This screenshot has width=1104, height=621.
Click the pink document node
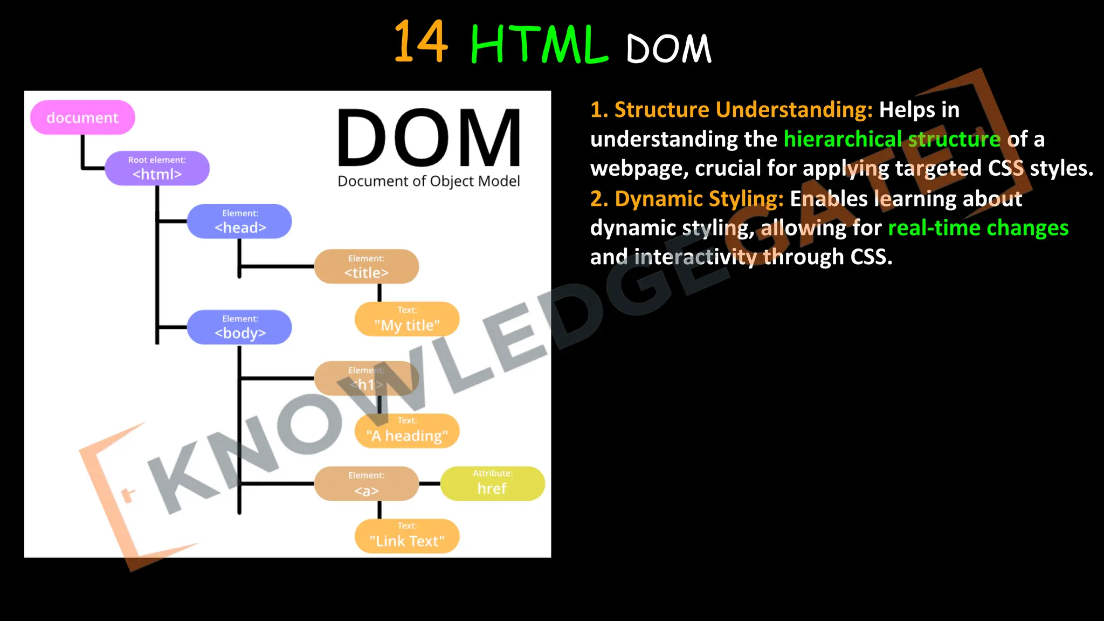(x=82, y=118)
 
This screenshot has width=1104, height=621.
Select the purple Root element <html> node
(x=157, y=168)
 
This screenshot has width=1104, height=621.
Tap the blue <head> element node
(x=239, y=222)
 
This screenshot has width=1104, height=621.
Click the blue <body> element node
(x=239, y=327)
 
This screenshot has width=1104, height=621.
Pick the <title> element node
(x=366, y=266)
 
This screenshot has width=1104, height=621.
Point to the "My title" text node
(x=407, y=319)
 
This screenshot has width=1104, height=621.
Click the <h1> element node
(x=366, y=378)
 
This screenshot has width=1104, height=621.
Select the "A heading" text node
(x=407, y=431)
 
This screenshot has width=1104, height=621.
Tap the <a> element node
(x=366, y=484)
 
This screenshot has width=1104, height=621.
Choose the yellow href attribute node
(x=492, y=484)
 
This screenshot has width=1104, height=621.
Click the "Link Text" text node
(x=407, y=536)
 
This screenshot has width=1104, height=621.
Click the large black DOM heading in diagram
(x=429, y=138)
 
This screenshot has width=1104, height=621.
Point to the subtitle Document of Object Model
(x=429, y=181)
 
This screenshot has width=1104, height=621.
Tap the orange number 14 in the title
(x=420, y=42)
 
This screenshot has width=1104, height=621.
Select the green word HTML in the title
(x=539, y=44)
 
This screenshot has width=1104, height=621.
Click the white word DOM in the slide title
(x=668, y=49)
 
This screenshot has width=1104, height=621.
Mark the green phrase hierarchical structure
(x=892, y=139)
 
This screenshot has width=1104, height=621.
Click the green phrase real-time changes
(x=978, y=228)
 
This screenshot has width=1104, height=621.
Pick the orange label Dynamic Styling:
(x=687, y=199)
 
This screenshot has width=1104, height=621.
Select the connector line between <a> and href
(x=430, y=484)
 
